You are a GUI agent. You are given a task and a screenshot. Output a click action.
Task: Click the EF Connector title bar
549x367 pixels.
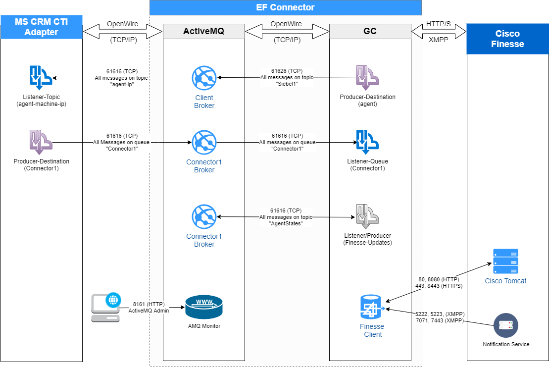(285, 7)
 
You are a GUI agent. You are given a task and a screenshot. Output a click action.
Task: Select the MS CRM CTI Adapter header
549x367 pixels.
(42, 27)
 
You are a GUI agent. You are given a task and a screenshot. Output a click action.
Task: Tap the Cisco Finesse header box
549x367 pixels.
(507, 39)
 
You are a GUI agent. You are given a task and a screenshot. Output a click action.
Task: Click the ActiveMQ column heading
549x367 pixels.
(203, 31)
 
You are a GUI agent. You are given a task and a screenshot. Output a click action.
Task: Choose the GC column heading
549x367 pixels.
(370, 31)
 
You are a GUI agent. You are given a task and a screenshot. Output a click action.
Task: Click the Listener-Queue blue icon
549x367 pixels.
(367, 142)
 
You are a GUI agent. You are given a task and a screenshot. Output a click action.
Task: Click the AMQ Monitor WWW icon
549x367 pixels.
(204, 307)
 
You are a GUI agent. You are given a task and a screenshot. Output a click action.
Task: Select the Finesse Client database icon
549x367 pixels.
(372, 307)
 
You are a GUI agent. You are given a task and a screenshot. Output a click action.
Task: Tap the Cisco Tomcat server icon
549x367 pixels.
(505, 262)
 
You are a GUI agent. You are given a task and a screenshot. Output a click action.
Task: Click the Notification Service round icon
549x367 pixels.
(505, 325)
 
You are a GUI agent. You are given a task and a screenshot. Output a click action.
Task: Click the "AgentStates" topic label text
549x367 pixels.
(286, 223)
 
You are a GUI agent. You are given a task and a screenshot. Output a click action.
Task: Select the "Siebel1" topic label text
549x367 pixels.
(287, 84)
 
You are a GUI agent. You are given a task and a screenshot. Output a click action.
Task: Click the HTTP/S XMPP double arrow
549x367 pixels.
(439, 32)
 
